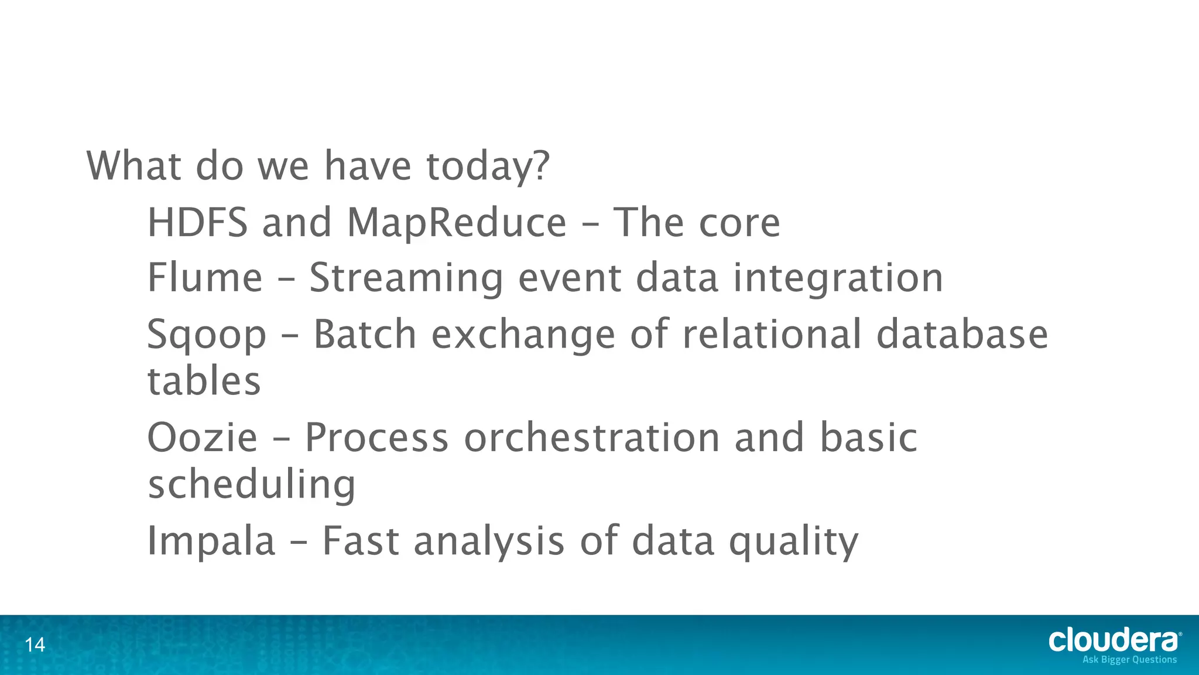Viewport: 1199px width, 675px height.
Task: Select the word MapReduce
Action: click(457, 224)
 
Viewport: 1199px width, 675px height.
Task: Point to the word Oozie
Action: click(202, 438)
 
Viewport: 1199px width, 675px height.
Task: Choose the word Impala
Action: click(211, 541)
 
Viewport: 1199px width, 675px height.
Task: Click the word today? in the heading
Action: click(488, 166)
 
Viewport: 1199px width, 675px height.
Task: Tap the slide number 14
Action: click(35, 645)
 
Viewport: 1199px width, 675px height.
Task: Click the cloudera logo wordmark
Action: click(1114, 640)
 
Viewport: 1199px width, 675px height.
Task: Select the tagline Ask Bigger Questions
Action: click(1129, 660)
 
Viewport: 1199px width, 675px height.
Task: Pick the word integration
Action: click(838, 278)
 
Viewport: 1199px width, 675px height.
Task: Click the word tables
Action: click(204, 381)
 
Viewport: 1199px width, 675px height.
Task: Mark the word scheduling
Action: click(252, 485)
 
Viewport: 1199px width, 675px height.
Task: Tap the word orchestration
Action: click(592, 438)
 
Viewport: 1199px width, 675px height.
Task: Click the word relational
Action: click(772, 334)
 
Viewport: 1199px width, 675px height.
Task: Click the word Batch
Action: click(365, 334)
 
